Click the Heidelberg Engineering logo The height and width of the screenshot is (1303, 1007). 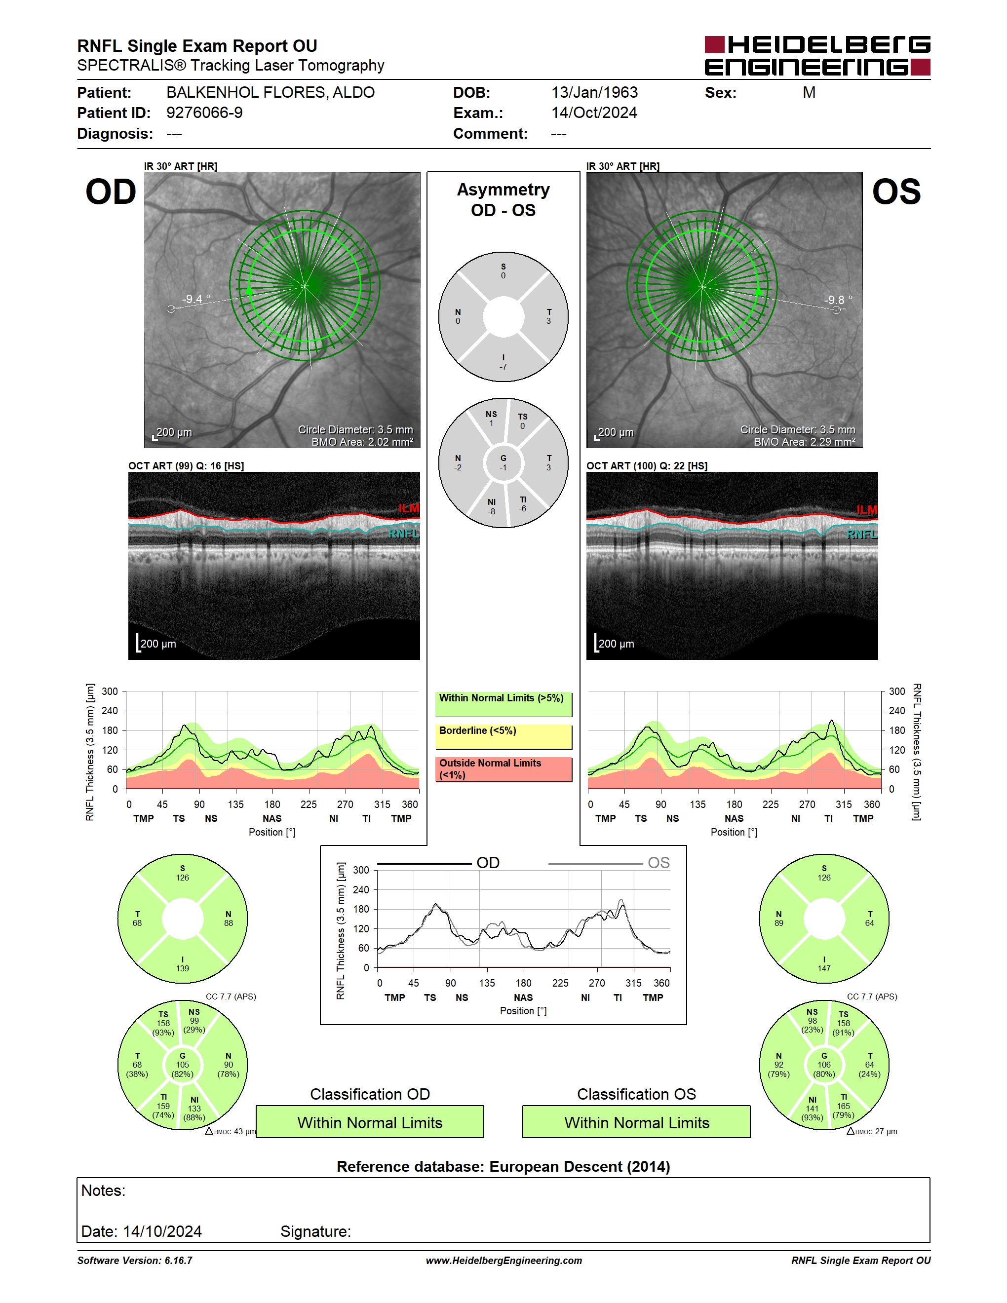point(817,55)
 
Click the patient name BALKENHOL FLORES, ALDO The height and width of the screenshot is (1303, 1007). point(270,92)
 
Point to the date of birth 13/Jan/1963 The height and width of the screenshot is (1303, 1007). point(594,92)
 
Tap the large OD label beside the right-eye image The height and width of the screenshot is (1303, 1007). point(111,192)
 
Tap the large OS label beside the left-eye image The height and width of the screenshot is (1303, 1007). point(896,192)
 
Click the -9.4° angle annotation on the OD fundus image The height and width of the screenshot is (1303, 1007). point(196,299)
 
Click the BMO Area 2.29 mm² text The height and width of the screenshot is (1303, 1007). point(804,442)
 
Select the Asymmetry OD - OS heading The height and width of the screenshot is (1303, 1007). point(503,200)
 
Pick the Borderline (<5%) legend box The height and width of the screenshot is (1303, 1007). point(503,737)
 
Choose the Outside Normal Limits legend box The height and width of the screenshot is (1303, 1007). point(503,769)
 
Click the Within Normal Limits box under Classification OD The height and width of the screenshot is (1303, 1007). point(370,1122)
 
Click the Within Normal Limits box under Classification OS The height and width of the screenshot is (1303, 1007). point(637,1122)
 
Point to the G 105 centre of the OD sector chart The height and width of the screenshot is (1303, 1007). point(183,1065)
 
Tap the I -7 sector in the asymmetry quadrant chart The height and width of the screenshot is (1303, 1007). point(503,362)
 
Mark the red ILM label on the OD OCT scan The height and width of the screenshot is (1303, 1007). point(409,508)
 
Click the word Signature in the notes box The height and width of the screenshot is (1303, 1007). point(315,1231)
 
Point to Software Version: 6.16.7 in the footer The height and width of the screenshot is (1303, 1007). point(135,1261)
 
